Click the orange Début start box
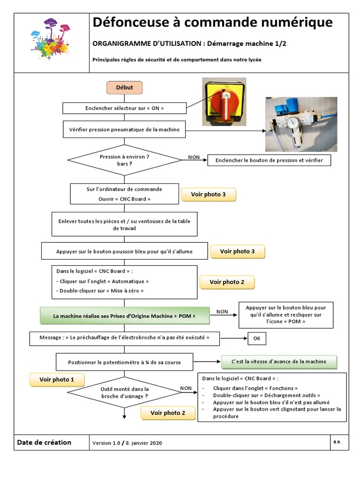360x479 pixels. pos(124,87)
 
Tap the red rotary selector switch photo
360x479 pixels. pos(224,102)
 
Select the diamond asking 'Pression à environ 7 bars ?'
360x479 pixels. pos(124,160)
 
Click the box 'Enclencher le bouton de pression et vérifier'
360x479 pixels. pos(269,160)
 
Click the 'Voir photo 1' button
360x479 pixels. pos(56,380)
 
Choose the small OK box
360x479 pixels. pos(257,338)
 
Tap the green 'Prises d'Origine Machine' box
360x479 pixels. pos(125,316)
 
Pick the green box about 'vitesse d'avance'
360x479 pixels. pos(280,362)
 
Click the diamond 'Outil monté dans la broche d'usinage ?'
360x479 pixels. pos(125,392)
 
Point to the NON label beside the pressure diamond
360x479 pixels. pos(194,157)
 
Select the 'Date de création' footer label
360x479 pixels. pos(44,443)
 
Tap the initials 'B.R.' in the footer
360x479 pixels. pos(337,442)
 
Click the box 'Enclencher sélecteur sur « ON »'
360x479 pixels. pos(124,108)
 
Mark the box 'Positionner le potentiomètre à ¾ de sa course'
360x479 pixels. pos(124,362)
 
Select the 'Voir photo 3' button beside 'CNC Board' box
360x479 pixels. pos(208,195)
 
